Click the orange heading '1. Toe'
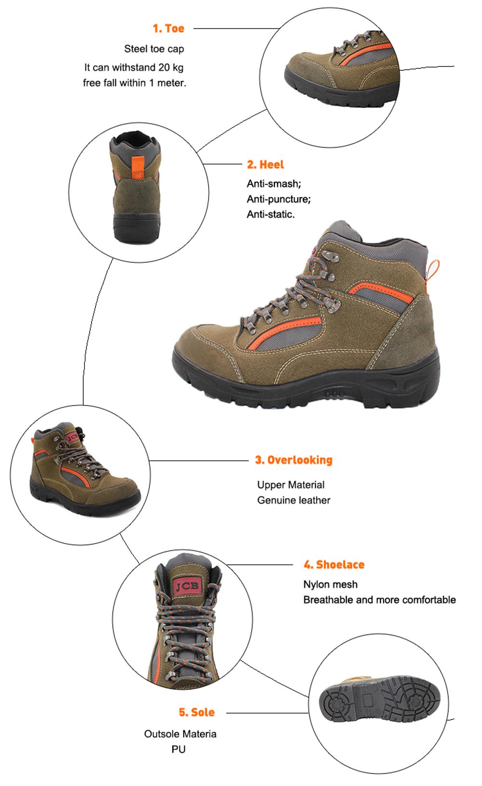(168, 28)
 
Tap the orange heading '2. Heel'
(266, 165)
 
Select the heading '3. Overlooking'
(294, 460)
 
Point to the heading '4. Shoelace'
(334, 564)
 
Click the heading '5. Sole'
(197, 712)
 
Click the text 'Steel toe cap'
(154, 49)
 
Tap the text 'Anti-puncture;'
(279, 199)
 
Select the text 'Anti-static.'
(271, 214)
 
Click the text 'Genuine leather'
(294, 500)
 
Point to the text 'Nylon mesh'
(330, 584)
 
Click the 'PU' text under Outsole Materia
(178, 749)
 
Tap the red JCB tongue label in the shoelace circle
(187, 586)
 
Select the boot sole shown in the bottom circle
(379, 698)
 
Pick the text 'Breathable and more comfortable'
(379, 600)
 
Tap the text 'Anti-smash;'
(274, 183)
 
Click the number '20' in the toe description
(163, 67)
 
